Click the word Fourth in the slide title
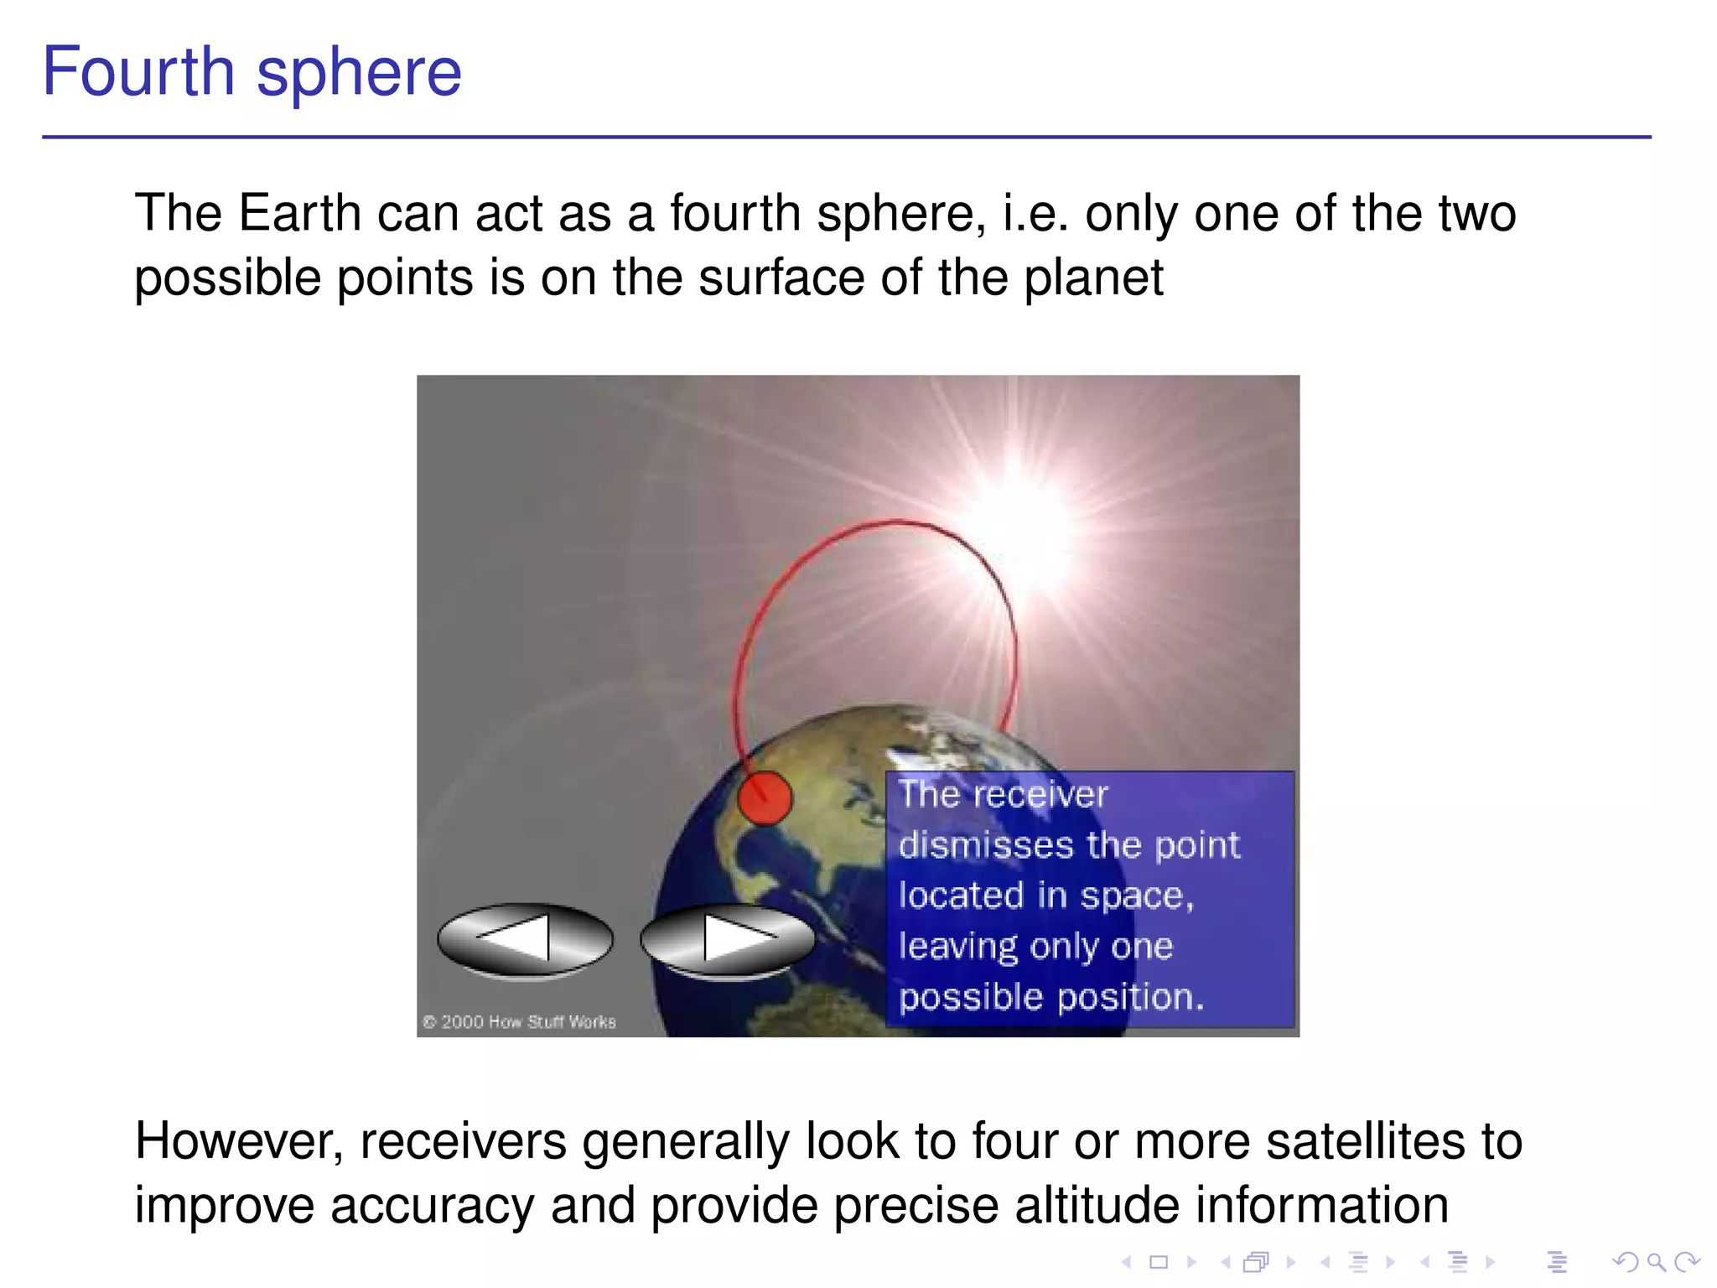point(138,72)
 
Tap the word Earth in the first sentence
point(299,213)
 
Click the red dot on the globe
point(764,797)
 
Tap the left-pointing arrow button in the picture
point(525,939)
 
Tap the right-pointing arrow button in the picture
point(728,939)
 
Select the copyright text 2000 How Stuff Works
point(520,1021)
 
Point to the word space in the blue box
point(1134,896)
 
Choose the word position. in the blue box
point(1129,997)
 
